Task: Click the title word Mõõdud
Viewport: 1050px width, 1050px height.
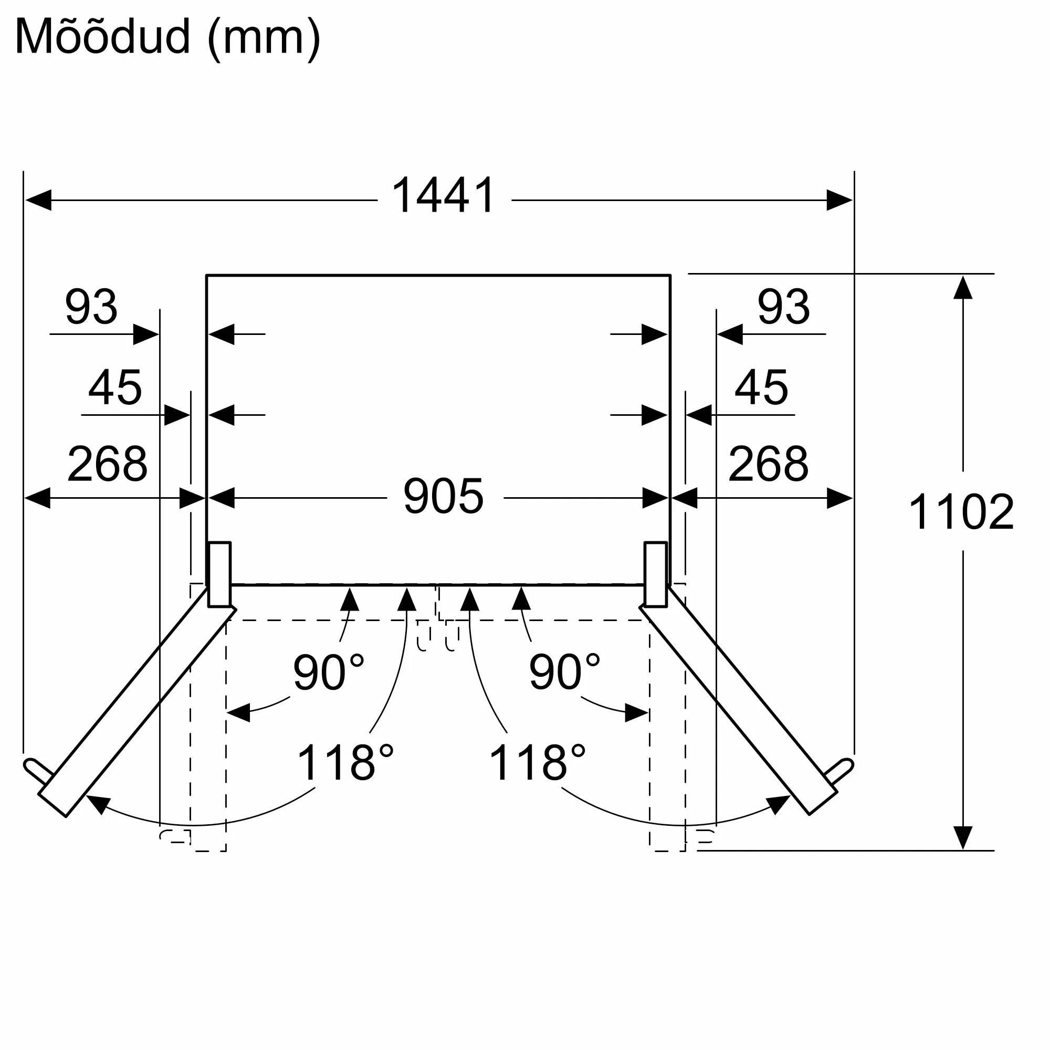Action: pyautogui.click(x=103, y=37)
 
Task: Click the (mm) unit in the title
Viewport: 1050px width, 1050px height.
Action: pyautogui.click(x=264, y=38)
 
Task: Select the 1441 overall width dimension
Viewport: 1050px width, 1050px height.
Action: pyautogui.click(x=444, y=195)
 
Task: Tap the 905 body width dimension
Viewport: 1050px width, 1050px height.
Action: pyautogui.click(x=444, y=496)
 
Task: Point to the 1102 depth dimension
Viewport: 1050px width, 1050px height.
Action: pyautogui.click(x=961, y=511)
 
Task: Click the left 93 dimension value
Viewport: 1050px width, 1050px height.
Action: pyautogui.click(x=91, y=307)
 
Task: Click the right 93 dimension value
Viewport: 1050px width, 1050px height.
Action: pyautogui.click(x=783, y=307)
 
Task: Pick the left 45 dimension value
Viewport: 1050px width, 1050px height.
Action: pyautogui.click(x=114, y=387)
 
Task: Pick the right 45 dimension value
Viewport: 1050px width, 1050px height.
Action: pyautogui.click(x=761, y=387)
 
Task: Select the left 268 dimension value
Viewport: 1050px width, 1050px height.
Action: pyautogui.click(x=107, y=464)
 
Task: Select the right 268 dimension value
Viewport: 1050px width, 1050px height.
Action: pyautogui.click(x=768, y=464)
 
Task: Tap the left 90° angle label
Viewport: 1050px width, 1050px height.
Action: pyautogui.click(x=328, y=673)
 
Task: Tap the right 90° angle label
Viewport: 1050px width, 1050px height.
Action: pyautogui.click(x=564, y=673)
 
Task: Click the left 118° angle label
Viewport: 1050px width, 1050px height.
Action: pyautogui.click(x=344, y=762)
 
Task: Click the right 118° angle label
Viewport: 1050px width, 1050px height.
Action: pyautogui.click(x=537, y=762)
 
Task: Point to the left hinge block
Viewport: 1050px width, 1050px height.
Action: pyautogui.click(x=219, y=574)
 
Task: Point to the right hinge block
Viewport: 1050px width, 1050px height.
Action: pyautogui.click(x=655, y=574)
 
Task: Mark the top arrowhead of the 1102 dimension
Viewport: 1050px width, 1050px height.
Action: pyautogui.click(x=962, y=288)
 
